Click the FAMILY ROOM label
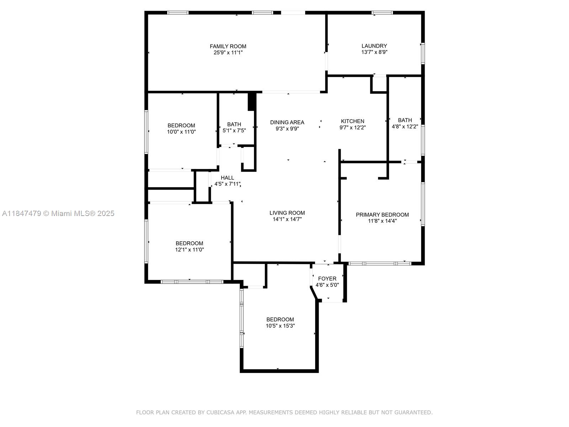coord(228,46)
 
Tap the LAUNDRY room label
coord(374,46)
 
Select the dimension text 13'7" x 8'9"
coord(374,52)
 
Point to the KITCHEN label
coord(352,121)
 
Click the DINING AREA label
coord(287,122)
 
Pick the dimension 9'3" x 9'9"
coord(287,128)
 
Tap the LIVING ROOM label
coord(287,213)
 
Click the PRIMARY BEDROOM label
coord(382,215)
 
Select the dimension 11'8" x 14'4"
coord(382,221)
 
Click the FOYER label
coord(327,279)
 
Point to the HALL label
coord(227,178)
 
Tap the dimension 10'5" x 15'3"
coord(280,326)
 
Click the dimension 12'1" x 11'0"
coord(190,250)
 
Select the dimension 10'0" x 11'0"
coord(181,132)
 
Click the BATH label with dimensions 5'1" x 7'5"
coord(234,125)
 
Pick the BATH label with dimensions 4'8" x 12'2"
coord(405,120)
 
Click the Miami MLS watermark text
coord(58,213)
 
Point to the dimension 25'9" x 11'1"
coord(228,53)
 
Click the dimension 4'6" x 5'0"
coord(327,285)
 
